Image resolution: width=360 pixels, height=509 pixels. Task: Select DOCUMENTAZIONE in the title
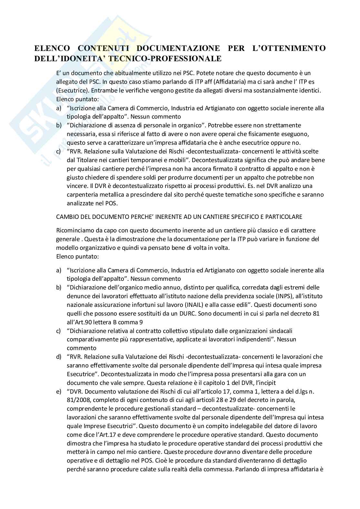click(178, 48)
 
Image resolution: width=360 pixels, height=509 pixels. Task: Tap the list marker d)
click(59, 357)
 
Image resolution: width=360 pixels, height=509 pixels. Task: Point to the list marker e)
click(59, 392)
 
